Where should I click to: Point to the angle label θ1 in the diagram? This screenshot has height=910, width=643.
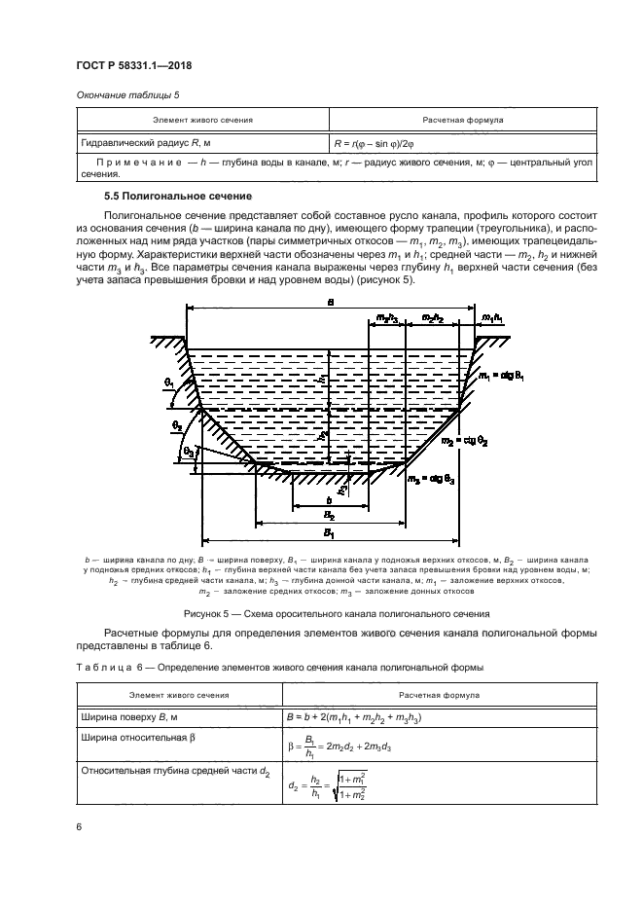click(x=170, y=385)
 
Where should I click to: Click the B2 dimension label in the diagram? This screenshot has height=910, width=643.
click(x=329, y=517)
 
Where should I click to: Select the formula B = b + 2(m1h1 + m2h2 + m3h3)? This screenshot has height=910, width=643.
click(x=367, y=718)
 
